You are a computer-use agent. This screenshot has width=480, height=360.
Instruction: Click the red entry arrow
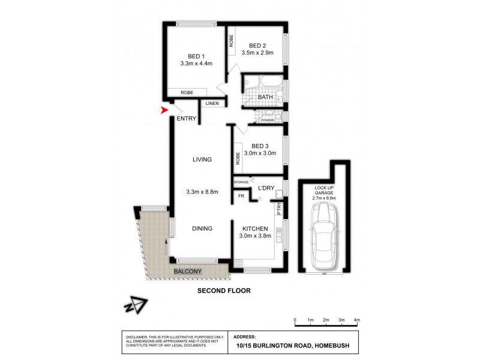[x=164, y=110]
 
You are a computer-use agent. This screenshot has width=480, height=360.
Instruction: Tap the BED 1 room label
[x=193, y=55]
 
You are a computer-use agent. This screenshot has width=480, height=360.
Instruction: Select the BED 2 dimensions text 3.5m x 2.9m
[x=257, y=53]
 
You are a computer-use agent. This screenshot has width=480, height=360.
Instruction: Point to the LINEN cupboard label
[x=212, y=104]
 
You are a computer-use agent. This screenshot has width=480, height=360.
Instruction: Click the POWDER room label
[x=268, y=120]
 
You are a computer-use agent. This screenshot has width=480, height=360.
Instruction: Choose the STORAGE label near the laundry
[x=241, y=181]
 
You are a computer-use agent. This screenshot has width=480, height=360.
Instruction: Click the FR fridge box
[x=241, y=196]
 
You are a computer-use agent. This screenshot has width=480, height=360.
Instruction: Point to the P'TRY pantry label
[x=279, y=209]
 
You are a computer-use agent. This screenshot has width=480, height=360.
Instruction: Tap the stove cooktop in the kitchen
[x=239, y=262]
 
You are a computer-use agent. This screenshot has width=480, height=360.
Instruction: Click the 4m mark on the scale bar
[x=356, y=320]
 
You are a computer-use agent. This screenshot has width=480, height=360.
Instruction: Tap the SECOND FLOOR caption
[x=224, y=291]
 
